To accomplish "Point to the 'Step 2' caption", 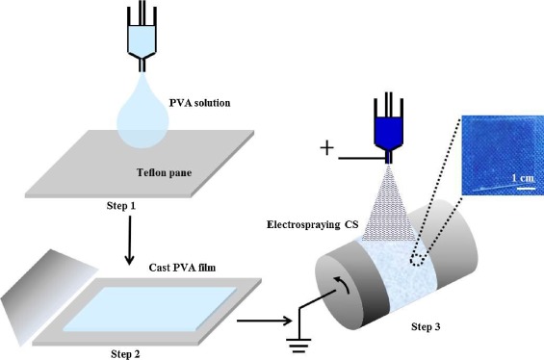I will click(119, 353).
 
